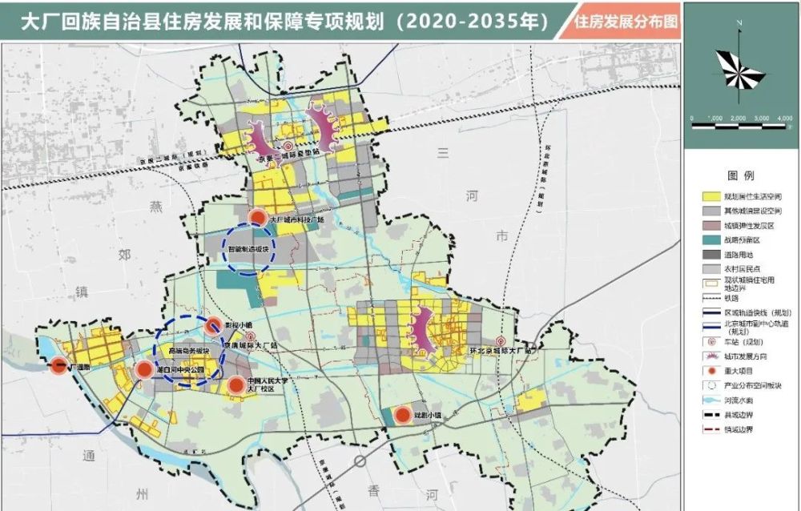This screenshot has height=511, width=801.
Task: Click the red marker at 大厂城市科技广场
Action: tap(257, 217)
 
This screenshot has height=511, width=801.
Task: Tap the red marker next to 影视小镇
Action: tap(213, 325)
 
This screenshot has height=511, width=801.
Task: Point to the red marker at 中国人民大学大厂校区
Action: tap(236, 386)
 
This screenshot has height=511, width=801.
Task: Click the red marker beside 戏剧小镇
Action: tap(402, 415)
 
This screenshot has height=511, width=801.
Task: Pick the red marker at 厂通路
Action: tap(58, 367)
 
